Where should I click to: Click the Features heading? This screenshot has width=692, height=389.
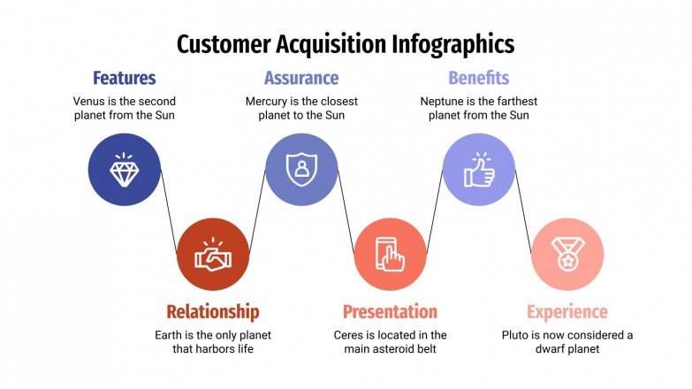click(x=125, y=78)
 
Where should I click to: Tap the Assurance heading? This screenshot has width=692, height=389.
click(x=301, y=78)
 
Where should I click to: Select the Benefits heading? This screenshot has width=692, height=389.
click(x=478, y=78)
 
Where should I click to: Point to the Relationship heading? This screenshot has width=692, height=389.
click(x=213, y=311)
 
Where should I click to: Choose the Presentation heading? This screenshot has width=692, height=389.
click(x=390, y=311)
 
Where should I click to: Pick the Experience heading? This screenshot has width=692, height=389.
click(x=567, y=311)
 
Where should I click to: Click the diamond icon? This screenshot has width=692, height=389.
click(x=125, y=170)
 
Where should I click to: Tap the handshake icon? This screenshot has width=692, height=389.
click(x=213, y=256)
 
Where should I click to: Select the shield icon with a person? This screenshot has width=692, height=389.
click(x=301, y=170)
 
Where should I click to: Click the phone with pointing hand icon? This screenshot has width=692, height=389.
click(x=390, y=256)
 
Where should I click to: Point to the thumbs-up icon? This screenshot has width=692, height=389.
click(x=478, y=170)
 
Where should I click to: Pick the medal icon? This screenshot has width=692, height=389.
click(x=567, y=256)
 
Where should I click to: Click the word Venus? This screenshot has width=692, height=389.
click(x=91, y=101)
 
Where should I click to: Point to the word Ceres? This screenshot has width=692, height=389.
click(x=351, y=335)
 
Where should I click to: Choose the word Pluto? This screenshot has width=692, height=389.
click(x=517, y=335)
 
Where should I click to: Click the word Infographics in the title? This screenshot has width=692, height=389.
click(x=442, y=43)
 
